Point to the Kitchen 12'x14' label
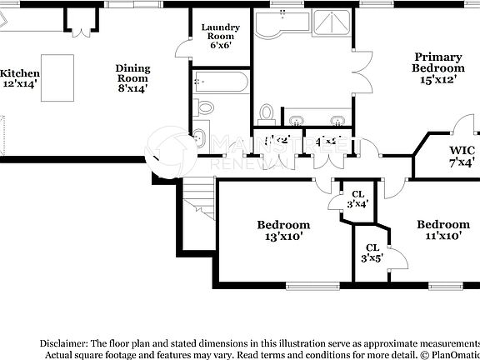[20, 78]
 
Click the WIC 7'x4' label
[461, 156]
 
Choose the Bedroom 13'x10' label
[282, 230]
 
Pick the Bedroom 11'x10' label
[442, 229]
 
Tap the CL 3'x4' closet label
[358, 199]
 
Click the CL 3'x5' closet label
[372, 252]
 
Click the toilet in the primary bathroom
[267, 112]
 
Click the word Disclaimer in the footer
[63, 343]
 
